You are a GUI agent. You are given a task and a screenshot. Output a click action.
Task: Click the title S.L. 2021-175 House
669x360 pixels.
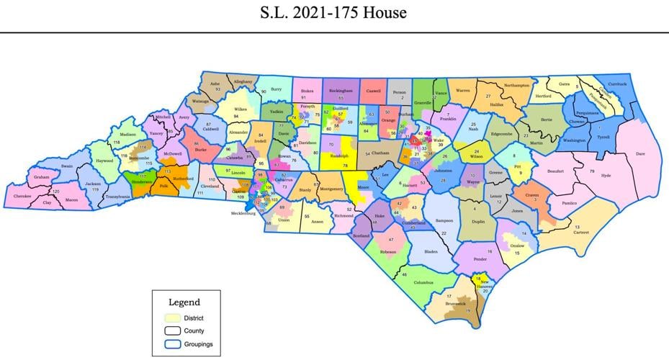coord(334,12)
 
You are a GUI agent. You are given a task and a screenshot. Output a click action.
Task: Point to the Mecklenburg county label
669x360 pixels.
coord(243,213)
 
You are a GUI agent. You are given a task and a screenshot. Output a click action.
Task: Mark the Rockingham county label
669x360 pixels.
coord(341,91)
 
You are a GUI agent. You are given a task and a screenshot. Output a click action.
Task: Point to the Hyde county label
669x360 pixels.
coord(606,176)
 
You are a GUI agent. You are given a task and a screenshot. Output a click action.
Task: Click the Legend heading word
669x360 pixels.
coord(184,302)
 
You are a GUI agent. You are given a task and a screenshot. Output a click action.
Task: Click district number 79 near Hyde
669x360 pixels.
coord(592,171)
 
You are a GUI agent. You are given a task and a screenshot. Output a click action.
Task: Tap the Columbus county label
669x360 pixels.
coord(424,283)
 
